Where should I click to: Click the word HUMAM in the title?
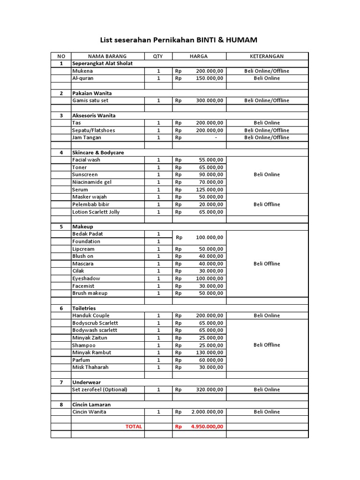coord(241,40)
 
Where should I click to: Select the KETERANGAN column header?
coord(267,56)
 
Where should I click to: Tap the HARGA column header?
coord(199,56)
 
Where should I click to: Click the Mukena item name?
coord(82,71)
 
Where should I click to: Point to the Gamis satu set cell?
coord(90,100)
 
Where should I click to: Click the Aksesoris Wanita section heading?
coord(94,115)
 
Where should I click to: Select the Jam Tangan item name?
coord(86,137)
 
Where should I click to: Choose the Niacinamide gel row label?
coord(92,182)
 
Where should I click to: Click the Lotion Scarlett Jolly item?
coord(96,212)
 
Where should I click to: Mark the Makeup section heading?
coord(82,226)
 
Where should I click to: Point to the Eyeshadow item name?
coord(86,278)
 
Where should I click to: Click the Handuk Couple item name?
coord(90,315)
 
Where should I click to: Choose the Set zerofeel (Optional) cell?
coord(99,390)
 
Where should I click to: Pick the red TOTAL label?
coord(134,427)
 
